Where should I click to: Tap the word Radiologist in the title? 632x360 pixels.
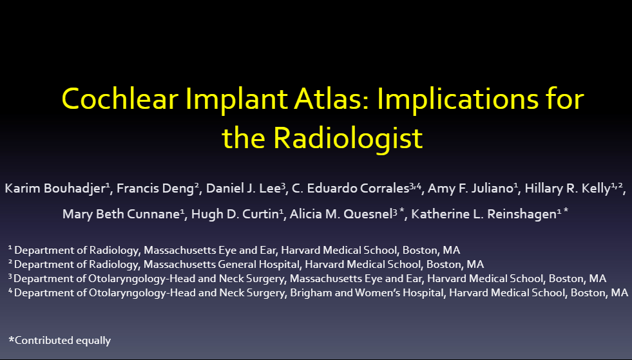[x=348, y=137]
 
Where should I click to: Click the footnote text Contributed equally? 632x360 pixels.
[x=62, y=340]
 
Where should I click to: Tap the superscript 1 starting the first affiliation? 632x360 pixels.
[x=10, y=247]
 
